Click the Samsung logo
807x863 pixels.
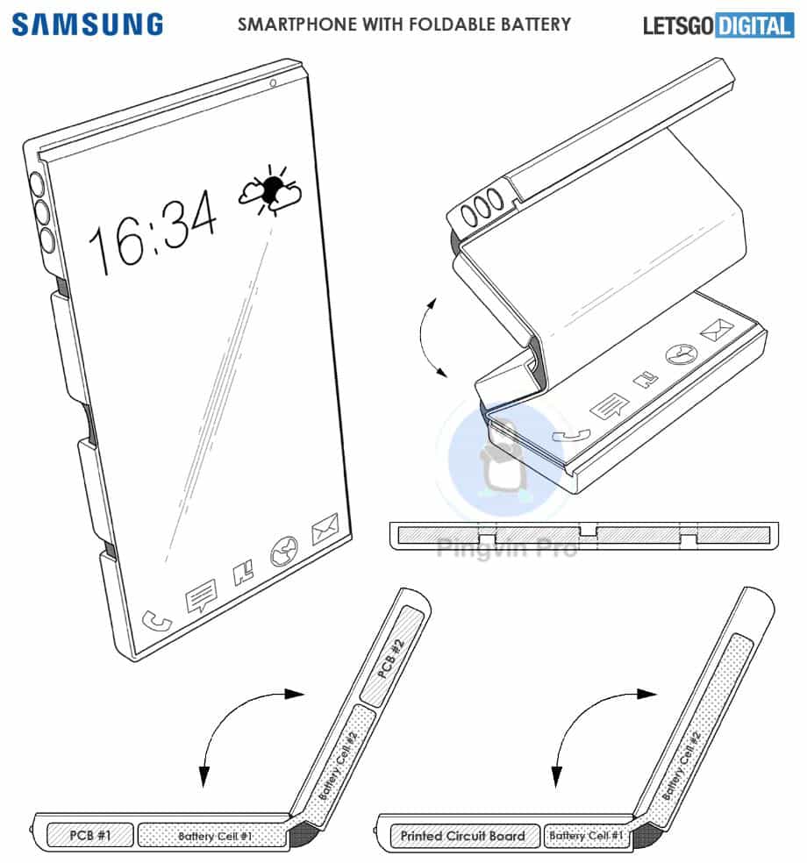(88, 25)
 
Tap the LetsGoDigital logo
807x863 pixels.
(718, 25)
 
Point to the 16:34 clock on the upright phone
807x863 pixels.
(153, 232)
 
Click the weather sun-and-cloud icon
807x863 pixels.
(270, 189)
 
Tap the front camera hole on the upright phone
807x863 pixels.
(273, 83)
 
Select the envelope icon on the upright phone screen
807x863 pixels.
(325, 529)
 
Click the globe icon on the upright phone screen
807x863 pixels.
(284, 551)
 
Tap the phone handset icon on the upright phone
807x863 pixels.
(157, 621)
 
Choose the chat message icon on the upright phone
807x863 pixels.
(201, 596)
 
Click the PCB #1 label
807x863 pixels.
(90, 835)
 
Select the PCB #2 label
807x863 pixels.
(391, 659)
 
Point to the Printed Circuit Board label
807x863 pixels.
(462, 836)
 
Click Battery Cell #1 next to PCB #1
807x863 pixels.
(215, 836)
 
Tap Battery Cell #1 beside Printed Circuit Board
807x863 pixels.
(586, 835)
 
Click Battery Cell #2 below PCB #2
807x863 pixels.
(338, 766)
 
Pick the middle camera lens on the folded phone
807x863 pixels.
(482, 208)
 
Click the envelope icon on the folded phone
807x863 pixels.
(717, 329)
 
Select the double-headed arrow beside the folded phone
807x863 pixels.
(425, 338)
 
